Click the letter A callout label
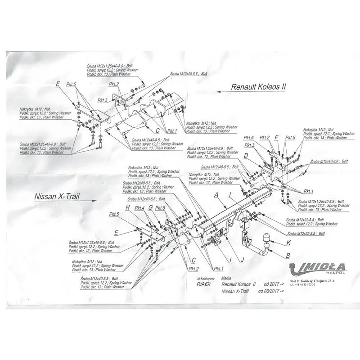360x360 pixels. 216,195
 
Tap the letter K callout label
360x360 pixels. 288,243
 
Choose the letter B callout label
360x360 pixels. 287,256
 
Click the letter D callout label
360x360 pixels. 246,156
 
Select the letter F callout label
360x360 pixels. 277,137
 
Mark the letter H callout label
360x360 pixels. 128,207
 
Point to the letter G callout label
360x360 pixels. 150,208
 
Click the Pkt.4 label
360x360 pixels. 139,208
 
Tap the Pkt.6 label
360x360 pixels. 160,208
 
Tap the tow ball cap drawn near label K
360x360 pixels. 266,238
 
